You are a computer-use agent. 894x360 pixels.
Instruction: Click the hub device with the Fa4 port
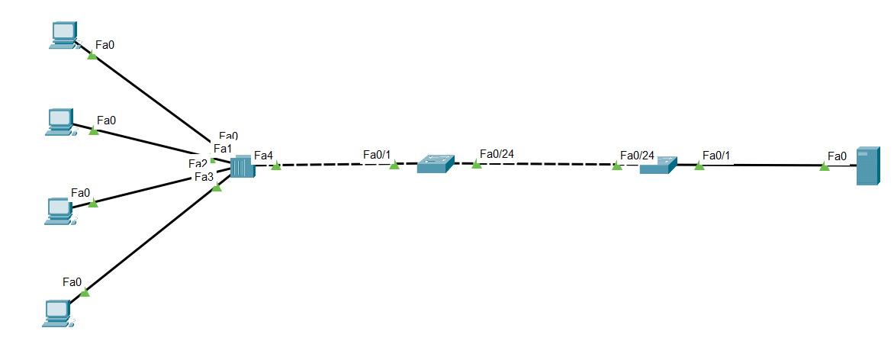coord(242,166)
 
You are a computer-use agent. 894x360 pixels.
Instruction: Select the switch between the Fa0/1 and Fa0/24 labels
coord(435,163)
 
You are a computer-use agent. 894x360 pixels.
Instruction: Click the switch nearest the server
coord(658,165)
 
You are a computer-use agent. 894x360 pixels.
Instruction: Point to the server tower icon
coord(868,166)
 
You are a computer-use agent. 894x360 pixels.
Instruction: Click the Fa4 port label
coord(263,156)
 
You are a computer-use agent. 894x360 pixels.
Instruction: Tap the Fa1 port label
coord(222,148)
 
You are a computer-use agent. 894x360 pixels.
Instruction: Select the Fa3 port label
coord(204,177)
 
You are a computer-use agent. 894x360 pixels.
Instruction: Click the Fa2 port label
coord(198,163)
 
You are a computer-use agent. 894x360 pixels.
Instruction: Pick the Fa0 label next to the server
coord(837,156)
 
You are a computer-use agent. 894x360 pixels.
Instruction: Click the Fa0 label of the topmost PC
coord(105,45)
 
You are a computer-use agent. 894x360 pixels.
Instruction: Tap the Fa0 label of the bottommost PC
coord(72,282)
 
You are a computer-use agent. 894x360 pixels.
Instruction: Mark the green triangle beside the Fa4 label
coord(276,166)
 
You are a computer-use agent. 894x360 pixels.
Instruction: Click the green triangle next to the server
coord(825,166)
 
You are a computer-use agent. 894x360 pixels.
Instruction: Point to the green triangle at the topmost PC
coord(92,55)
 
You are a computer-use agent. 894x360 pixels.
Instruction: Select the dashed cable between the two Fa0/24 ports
coord(546,163)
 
